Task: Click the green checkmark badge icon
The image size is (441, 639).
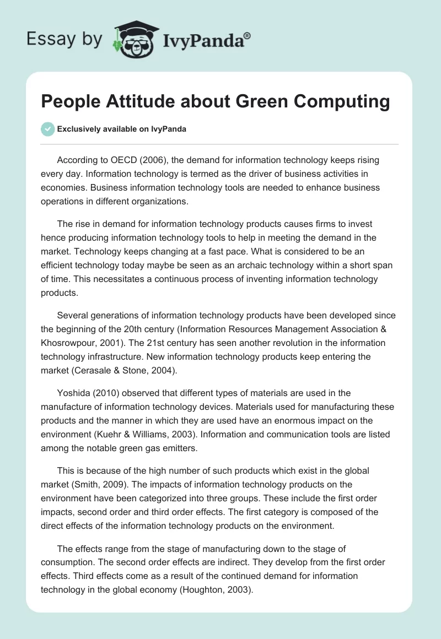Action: point(47,129)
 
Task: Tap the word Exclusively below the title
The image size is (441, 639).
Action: point(79,129)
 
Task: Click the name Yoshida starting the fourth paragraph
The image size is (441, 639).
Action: point(74,393)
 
